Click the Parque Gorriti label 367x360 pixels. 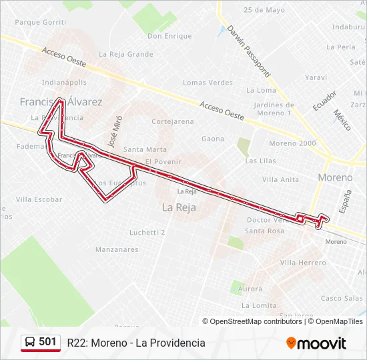[x=40, y=22]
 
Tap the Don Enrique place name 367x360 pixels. [x=169, y=36]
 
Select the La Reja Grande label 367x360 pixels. [x=126, y=54]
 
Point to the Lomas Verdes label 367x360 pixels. [x=208, y=83]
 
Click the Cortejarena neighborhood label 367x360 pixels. [x=173, y=121]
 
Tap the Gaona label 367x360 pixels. [x=213, y=139]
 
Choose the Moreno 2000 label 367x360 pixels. [x=292, y=143]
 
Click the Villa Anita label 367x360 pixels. [x=280, y=179]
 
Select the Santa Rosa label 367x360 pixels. [x=264, y=231]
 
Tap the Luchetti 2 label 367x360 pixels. [x=147, y=233]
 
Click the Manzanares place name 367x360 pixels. [x=117, y=250]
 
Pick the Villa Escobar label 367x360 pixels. [x=39, y=199]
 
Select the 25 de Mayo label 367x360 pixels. [x=264, y=10]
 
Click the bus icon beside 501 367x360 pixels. [x=31, y=342]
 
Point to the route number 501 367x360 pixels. [x=47, y=342]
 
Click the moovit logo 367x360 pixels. [x=316, y=343]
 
